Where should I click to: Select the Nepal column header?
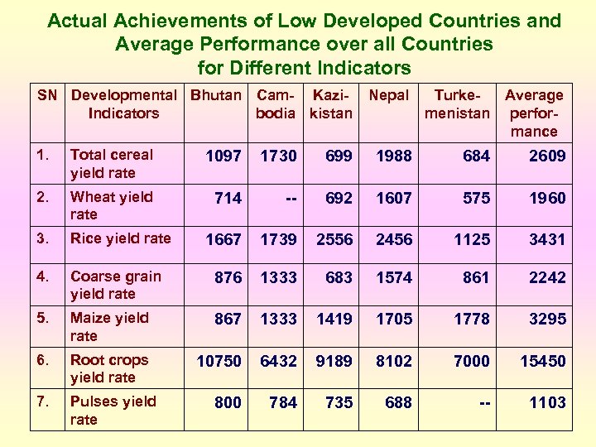tap(388, 95)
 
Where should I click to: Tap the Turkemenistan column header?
tap(457, 104)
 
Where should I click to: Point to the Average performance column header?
tap(534, 113)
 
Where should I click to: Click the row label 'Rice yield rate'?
tap(120, 238)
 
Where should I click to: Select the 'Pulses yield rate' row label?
tap(113, 411)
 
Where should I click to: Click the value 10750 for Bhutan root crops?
tap(219, 361)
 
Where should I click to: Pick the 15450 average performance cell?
tap(542, 361)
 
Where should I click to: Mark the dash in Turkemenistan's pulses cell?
tap(483, 403)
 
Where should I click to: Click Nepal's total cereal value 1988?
tap(393, 156)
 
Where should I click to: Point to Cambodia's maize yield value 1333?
tap(278, 319)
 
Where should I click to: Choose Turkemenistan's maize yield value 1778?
tap(472, 319)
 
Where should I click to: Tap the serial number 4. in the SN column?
tap(42, 276)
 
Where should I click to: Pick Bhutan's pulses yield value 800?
tap(228, 403)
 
